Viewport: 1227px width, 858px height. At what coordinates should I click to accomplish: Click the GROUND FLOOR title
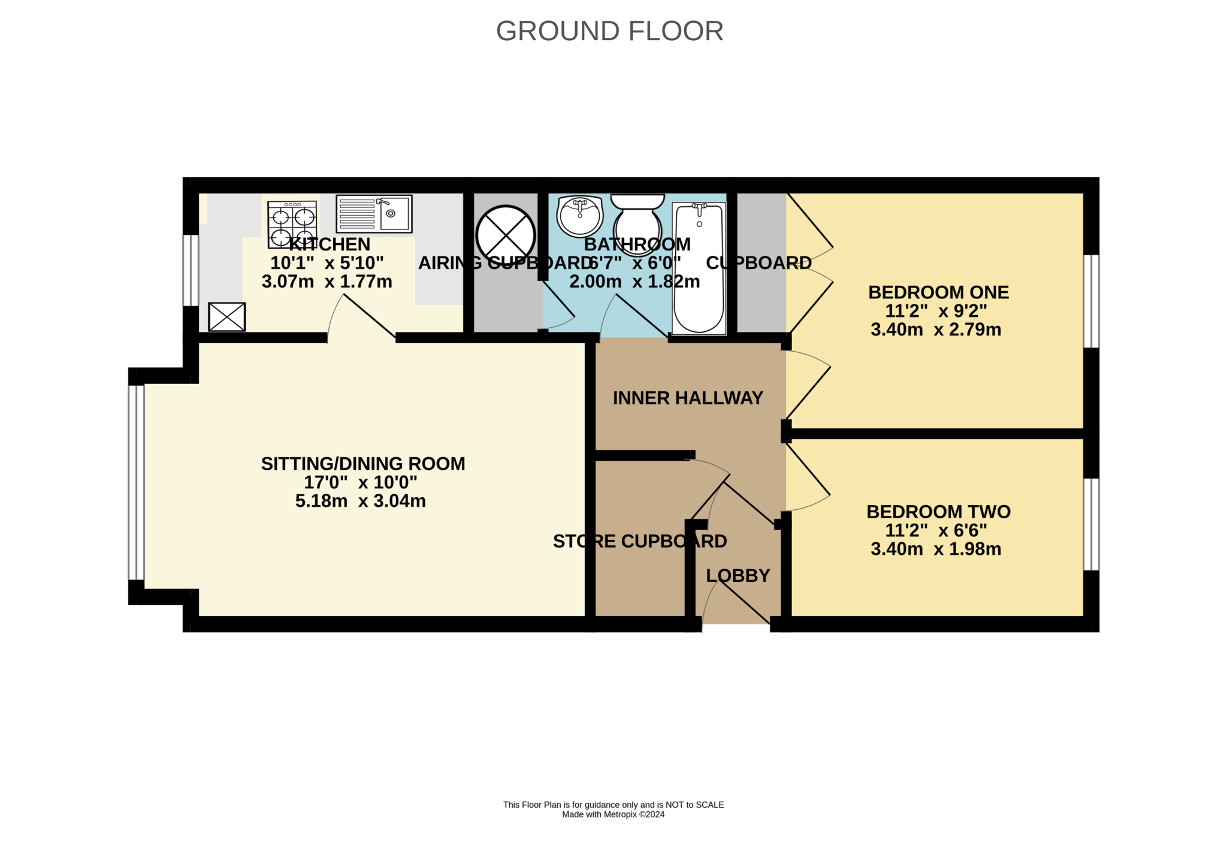(x=609, y=31)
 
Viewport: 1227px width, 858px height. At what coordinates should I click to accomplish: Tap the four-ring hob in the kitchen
(x=292, y=224)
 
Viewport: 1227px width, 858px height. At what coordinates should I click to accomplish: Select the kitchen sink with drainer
(x=374, y=213)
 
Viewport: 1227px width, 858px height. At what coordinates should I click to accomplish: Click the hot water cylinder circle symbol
(x=506, y=235)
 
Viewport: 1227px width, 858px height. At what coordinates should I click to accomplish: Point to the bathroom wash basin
(x=579, y=216)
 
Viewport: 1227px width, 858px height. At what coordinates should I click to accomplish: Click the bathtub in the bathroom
(x=699, y=268)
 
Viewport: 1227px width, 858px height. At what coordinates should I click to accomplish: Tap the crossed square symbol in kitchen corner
(x=227, y=316)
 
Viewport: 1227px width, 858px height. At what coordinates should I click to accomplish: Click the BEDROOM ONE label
(x=938, y=292)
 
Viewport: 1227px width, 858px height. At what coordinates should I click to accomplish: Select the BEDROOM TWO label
(x=938, y=512)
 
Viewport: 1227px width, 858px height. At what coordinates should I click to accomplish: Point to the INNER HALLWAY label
(x=688, y=398)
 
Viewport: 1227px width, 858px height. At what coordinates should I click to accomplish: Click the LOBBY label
(x=738, y=576)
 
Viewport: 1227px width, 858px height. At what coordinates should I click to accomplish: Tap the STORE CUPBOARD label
(x=640, y=541)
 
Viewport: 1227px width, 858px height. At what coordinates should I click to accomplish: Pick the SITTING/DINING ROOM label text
(x=363, y=464)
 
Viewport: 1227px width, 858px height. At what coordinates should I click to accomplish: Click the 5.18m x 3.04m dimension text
(x=361, y=501)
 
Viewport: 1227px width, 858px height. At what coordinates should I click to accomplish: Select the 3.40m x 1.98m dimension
(x=936, y=549)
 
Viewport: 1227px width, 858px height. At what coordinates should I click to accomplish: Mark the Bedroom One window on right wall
(x=1092, y=301)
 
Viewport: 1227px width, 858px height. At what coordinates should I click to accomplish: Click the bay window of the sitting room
(x=137, y=482)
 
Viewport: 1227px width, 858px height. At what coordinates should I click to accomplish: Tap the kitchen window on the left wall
(x=191, y=270)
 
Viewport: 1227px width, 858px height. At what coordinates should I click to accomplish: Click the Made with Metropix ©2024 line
(x=613, y=814)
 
